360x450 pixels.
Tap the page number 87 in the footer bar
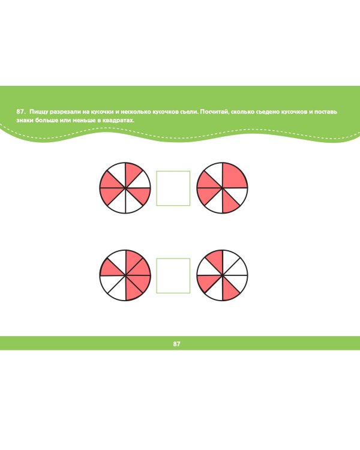point(176,344)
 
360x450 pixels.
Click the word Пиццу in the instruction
point(38,112)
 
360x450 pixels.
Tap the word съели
point(189,112)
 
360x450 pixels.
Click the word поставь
point(326,112)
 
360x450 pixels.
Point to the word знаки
point(25,120)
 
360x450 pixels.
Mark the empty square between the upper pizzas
point(173,188)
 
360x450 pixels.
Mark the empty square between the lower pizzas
point(173,276)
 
